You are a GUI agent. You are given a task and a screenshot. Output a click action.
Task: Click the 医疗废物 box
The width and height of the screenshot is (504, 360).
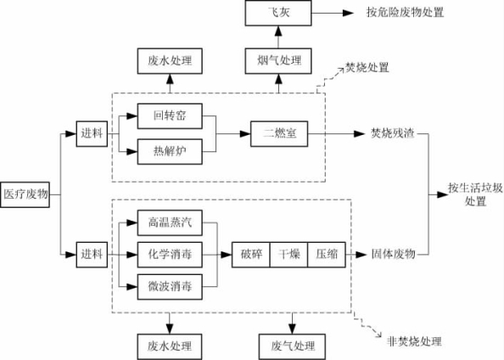(x=25, y=194)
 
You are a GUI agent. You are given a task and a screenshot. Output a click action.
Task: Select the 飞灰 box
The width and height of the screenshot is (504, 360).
(x=278, y=13)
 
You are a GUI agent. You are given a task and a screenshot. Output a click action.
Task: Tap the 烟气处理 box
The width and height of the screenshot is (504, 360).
(x=278, y=61)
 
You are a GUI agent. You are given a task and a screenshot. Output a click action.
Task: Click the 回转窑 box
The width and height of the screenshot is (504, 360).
(x=170, y=116)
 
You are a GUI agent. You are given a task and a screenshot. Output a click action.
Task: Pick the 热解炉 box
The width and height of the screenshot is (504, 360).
(x=170, y=151)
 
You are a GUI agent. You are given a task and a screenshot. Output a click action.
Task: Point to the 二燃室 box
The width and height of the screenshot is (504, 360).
(x=279, y=134)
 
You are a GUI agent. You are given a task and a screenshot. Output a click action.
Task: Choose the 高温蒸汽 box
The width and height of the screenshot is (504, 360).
(x=170, y=222)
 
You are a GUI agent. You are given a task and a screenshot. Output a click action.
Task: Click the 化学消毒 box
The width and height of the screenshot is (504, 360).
(x=170, y=255)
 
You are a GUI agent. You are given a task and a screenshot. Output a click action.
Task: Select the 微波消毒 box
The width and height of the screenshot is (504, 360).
(x=170, y=287)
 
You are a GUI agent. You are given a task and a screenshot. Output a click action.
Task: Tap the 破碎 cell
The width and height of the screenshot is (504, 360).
(x=251, y=255)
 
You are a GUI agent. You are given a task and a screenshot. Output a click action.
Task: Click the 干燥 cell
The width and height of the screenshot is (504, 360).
(x=288, y=255)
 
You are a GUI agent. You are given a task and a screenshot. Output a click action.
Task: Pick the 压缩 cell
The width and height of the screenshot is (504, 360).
(x=327, y=255)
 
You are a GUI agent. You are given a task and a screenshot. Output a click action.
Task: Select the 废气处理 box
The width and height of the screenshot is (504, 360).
(x=292, y=346)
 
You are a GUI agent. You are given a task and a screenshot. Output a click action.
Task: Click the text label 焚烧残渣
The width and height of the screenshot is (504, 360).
(x=393, y=133)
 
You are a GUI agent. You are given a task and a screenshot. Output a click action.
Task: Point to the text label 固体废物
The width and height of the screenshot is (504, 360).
(x=394, y=254)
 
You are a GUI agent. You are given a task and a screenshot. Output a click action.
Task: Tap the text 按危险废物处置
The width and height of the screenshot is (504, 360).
(x=406, y=12)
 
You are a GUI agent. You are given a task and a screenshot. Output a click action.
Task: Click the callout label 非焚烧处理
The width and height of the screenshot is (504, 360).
(x=415, y=341)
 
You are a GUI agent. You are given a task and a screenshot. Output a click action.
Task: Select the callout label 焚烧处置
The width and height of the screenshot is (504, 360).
(x=367, y=68)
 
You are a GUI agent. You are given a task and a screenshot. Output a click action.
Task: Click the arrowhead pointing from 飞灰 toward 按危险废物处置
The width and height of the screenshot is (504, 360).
(x=348, y=13)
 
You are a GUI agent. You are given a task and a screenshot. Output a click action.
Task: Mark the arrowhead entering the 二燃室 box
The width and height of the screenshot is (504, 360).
(x=245, y=134)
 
